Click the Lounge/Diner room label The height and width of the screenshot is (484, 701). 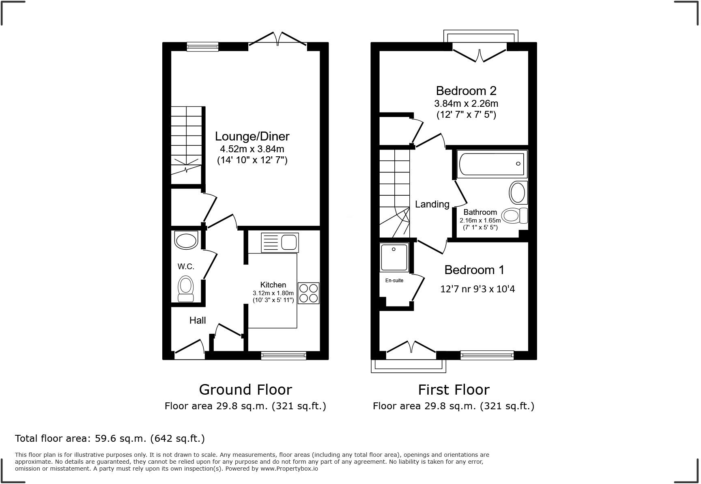pos(252,136)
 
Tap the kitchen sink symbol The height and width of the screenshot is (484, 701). pos(280,242)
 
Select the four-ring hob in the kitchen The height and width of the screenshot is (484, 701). pos(308,293)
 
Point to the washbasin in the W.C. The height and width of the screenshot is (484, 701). pos(186,240)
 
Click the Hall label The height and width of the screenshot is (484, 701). pos(198,320)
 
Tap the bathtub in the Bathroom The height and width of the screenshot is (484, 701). pos(492,164)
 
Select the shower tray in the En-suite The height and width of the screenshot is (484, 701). pos(394,257)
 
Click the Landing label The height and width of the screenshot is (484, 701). pos(432,204)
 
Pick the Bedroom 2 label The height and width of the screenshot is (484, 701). pos(466,91)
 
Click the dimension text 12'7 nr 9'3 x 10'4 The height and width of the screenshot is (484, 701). pos(477,289)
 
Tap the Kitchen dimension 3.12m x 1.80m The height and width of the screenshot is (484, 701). pos(273,293)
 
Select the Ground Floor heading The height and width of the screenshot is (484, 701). pos(245,390)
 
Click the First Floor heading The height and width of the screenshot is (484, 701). pos(454,390)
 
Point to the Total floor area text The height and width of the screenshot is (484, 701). pos(110,439)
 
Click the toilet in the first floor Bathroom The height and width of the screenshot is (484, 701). pos(514,215)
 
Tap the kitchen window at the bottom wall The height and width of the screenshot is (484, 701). pos(284,356)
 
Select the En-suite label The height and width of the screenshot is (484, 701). pos(394,281)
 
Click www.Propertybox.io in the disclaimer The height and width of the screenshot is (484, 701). pos(289,469)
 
